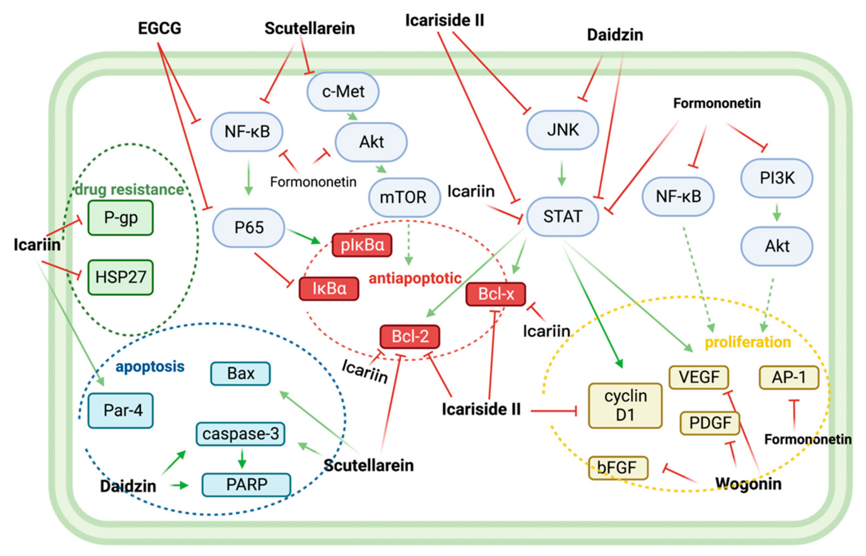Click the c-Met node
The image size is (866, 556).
click(343, 91)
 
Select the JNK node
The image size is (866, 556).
click(562, 130)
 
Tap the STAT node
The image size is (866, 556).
click(562, 216)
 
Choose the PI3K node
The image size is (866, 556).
click(777, 178)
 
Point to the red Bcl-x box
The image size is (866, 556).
click(495, 294)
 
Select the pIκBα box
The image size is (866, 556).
click(362, 245)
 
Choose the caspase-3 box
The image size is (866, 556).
click(240, 434)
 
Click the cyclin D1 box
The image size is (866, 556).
click(625, 405)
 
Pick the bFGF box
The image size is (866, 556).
click(618, 468)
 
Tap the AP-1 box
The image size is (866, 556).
click(788, 377)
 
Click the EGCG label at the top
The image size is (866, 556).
click(160, 28)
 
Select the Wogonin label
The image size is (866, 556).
click(748, 483)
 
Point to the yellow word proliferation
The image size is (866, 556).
click(747, 342)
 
